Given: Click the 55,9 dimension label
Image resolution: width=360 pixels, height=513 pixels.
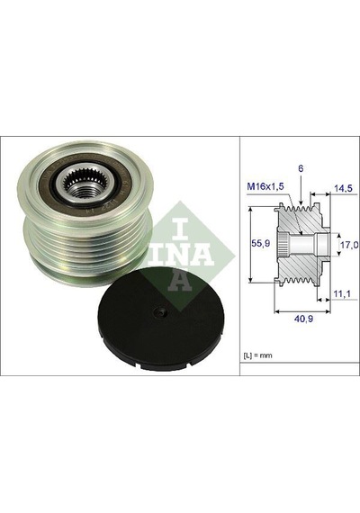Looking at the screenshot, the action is pyautogui.click(x=260, y=243).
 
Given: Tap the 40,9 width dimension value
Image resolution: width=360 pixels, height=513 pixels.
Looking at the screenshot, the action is pyautogui.click(x=303, y=319).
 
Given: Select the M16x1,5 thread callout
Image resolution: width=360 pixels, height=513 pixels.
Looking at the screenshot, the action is pyautogui.click(x=265, y=187).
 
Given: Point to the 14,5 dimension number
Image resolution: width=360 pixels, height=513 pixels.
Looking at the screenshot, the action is pyautogui.click(x=343, y=188).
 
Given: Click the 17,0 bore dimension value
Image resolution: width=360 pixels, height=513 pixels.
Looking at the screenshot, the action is pyautogui.click(x=349, y=245).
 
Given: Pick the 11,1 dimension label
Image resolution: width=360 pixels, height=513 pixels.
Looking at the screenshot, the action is pyautogui.click(x=342, y=294).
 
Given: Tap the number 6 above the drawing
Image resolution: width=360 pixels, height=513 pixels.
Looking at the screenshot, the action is pyautogui.click(x=301, y=169).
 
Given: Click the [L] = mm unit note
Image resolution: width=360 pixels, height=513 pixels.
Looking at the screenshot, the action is pyautogui.click(x=257, y=355).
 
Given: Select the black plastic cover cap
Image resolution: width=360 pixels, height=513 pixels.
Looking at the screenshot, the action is pyautogui.click(x=161, y=319).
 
